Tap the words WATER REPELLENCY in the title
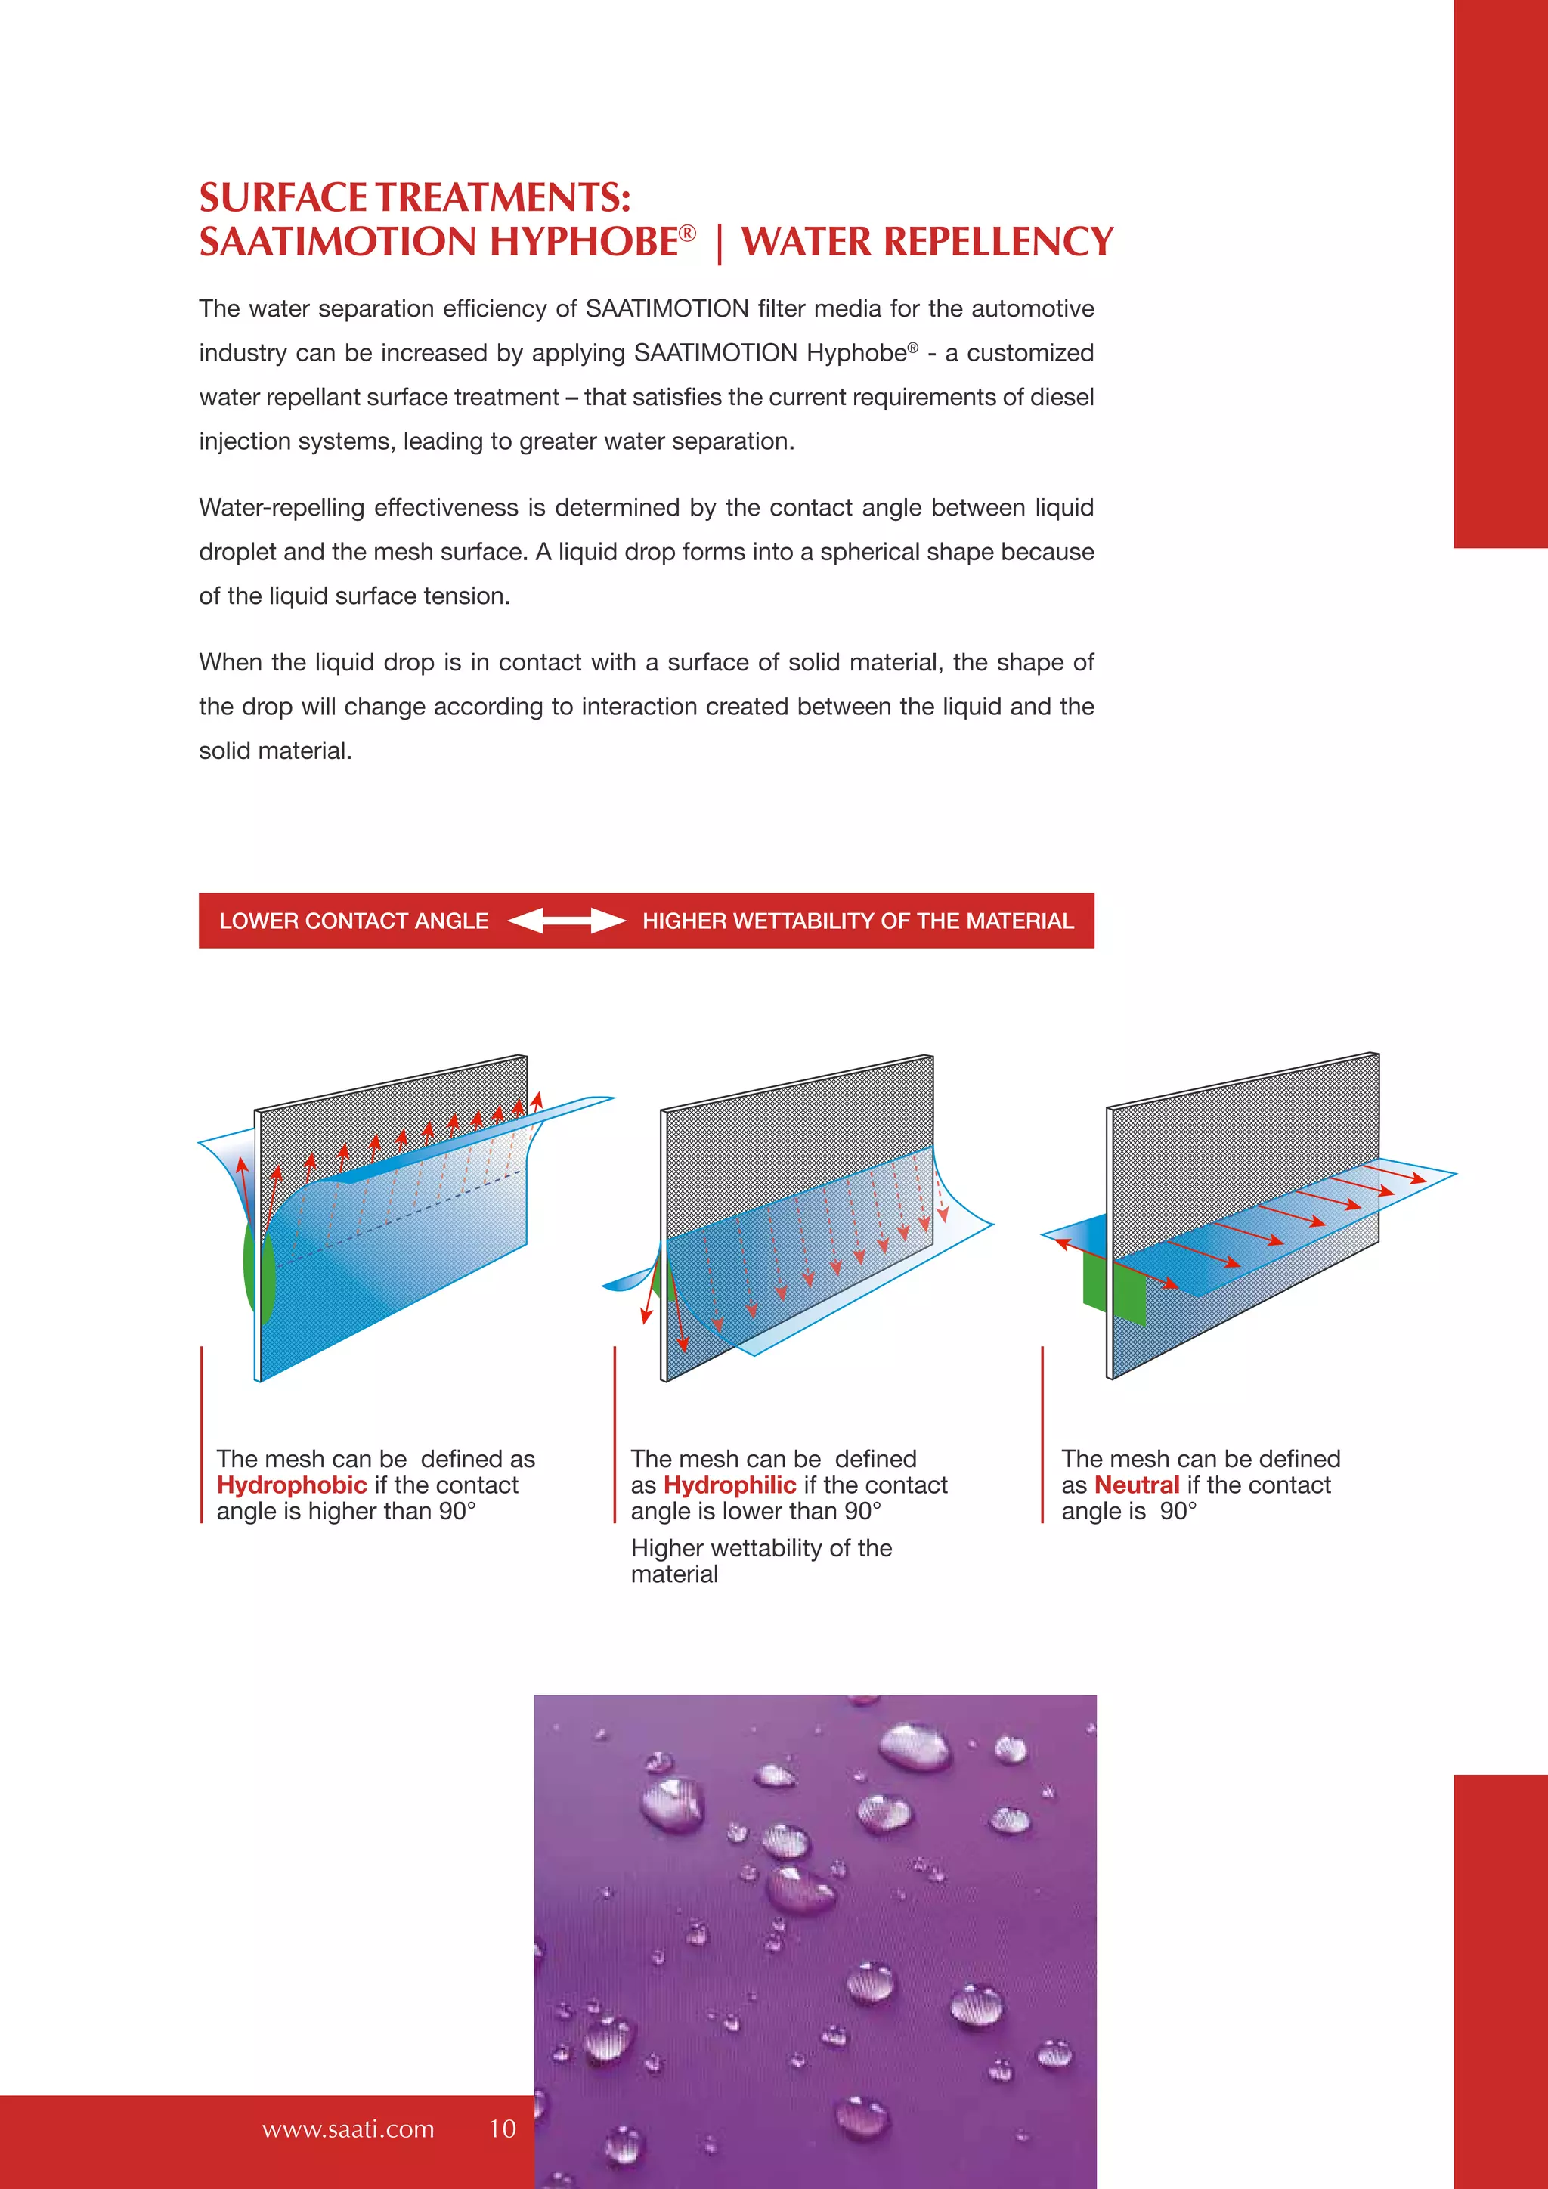927,242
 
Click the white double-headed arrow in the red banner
566,921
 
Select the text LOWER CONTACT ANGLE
354,921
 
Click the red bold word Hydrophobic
292,1485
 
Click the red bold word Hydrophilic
729,1485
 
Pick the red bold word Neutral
1136,1485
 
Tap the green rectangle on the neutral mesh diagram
1113,1287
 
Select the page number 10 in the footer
503,2129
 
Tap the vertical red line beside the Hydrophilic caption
615,1435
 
